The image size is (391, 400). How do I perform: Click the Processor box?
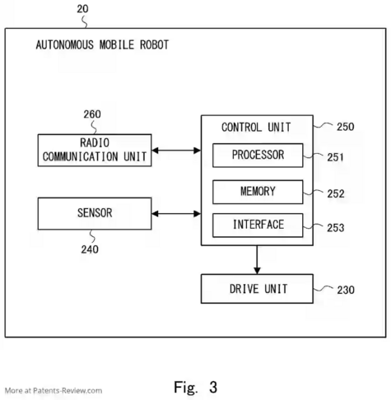[x=258, y=155]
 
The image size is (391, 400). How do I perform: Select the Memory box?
[x=258, y=192]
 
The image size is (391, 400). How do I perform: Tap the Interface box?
[x=258, y=225]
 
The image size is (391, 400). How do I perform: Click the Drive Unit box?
[x=257, y=289]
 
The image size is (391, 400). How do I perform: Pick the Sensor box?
[x=95, y=213]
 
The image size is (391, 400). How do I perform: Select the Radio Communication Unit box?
[x=95, y=150]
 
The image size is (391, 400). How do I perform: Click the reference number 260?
[x=92, y=114]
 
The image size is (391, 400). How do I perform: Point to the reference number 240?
[x=90, y=249]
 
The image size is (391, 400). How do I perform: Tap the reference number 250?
[x=346, y=127]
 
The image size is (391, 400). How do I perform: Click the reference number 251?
[x=335, y=157]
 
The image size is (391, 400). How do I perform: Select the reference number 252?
[x=336, y=194]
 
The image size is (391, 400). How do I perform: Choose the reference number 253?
[x=335, y=228]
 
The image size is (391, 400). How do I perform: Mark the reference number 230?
[x=346, y=290]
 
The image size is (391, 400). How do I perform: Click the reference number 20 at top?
[x=82, y=9]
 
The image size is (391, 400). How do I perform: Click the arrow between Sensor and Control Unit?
[x=176, y=214]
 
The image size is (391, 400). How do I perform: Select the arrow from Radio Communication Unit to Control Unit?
[x=176, y=151]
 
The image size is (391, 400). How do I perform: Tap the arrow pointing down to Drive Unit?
[x=257, y=259]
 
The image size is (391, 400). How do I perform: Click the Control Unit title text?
[x=256, y=128]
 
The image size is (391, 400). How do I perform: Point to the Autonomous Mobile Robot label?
[x=102, y=44]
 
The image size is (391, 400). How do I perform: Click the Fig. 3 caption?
[x=196, y=387]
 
